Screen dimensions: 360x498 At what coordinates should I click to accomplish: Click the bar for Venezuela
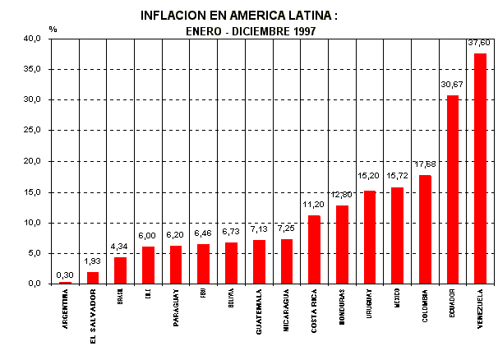[480, 168]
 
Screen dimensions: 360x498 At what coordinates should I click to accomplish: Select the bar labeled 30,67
[452, 190]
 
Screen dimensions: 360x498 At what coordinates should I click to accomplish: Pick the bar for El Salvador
[93, 278]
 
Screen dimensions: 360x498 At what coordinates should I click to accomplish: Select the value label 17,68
[425, 164]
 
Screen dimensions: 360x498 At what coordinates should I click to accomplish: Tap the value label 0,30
[65, 275]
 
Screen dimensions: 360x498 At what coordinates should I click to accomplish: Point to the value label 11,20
[313, 205]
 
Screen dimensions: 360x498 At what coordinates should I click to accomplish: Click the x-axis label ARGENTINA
[65, 308]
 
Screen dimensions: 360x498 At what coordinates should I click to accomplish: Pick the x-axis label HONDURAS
[342, 307]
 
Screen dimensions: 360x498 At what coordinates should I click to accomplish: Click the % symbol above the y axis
[53, 29]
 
